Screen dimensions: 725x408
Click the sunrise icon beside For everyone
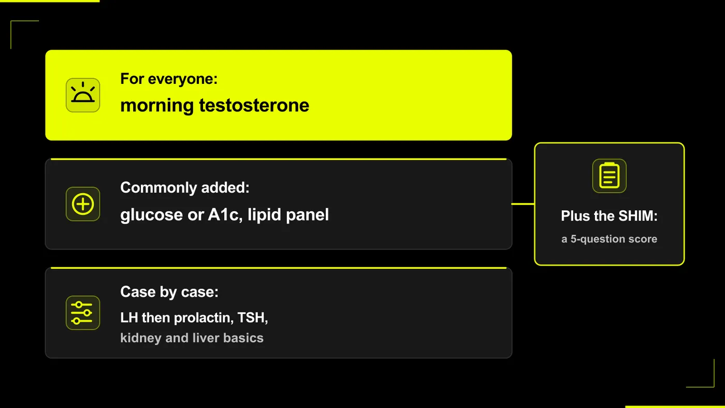(x=83, y=95)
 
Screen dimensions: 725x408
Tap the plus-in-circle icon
(x=83, y=204)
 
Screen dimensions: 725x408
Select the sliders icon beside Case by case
(x=83, y=313)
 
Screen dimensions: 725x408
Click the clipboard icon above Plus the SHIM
(x=609, y=176)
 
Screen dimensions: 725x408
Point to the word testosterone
(x=254, y=106)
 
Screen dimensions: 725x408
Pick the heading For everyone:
(x=169, y=79)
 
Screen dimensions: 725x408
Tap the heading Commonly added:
(x=185, y=187)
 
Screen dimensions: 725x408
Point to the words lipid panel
(x=288, y=215)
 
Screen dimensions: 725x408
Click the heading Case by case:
(x=169, y=292)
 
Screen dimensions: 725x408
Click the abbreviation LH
(x=129, y=318)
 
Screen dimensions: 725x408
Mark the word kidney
(x=141, y=339)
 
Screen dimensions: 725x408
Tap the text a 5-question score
(x=609, y=239)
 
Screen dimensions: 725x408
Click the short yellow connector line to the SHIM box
(x=523, y=204)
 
